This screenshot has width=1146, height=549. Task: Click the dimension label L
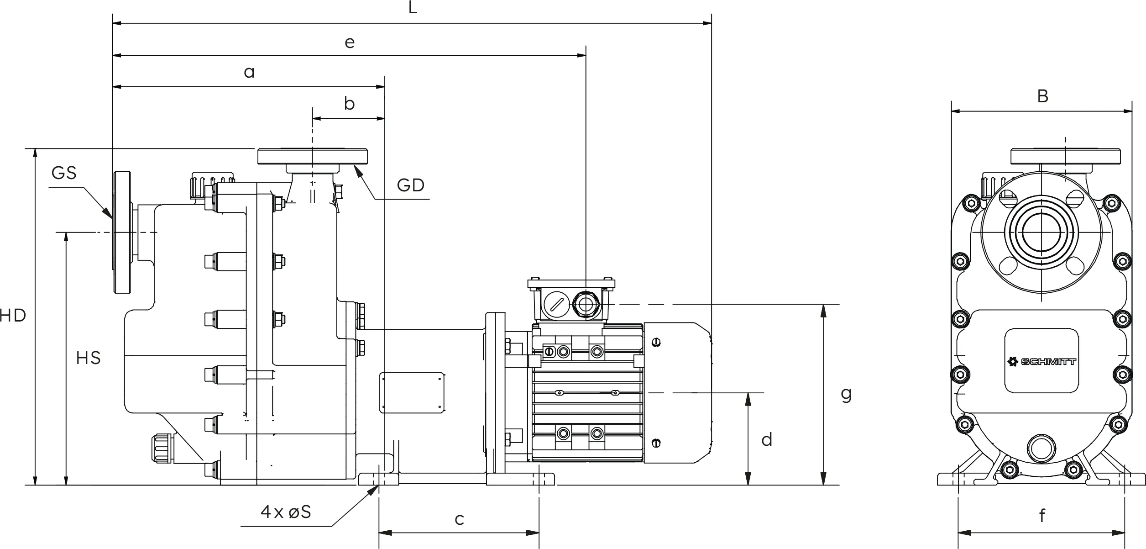[x=413, y=7]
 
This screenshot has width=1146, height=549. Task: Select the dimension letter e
[x=350, y=42]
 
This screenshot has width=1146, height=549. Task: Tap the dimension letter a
[x=249, y=72]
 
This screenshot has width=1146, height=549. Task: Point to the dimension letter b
[x=349, y=103]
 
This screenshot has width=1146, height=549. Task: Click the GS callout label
[x=64, y=173]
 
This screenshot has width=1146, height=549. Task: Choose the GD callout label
[x=411, y=185]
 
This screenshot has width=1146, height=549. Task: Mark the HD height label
[x=13, y=316]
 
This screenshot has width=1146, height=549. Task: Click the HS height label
[x=89, y=358]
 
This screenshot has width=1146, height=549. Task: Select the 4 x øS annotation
[x=286, y=512]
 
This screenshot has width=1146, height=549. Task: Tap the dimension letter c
[x=460, y=519]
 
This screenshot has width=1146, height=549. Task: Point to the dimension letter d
[x=767, y=439]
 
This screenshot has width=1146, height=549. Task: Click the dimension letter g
[x=846, y=395]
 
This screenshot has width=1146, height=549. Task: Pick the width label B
[x=1042, y=96]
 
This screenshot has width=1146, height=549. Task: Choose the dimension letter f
[x=1042, y=515]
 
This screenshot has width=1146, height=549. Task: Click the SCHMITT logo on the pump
[x=1041, y=362]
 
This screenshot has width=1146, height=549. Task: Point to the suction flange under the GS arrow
[x=122, y=232]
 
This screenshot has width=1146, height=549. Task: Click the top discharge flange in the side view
[x=313, y=156]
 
